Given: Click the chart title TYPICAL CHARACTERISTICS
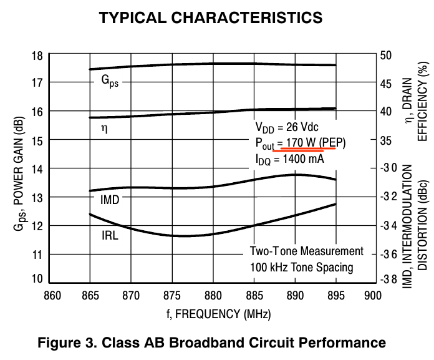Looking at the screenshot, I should pyautogui.click(x=211, y=18).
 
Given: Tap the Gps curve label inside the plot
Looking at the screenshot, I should pyautogui.click(x=110, y=81).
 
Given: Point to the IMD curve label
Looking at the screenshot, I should pyautogui.click(x=109, y=200).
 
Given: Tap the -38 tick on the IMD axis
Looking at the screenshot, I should pyautogui.click(x=388, y=279).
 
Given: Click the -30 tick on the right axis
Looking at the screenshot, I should pyautogui.click(x=388, y=168).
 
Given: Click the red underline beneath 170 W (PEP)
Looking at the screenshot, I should pyautogui.click(x=308, y=149).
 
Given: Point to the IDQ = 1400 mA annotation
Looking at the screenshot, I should pyautogui.click(x=289, y=159).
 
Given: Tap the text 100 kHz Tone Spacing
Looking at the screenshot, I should pyautogui.click(x=302, y=267).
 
